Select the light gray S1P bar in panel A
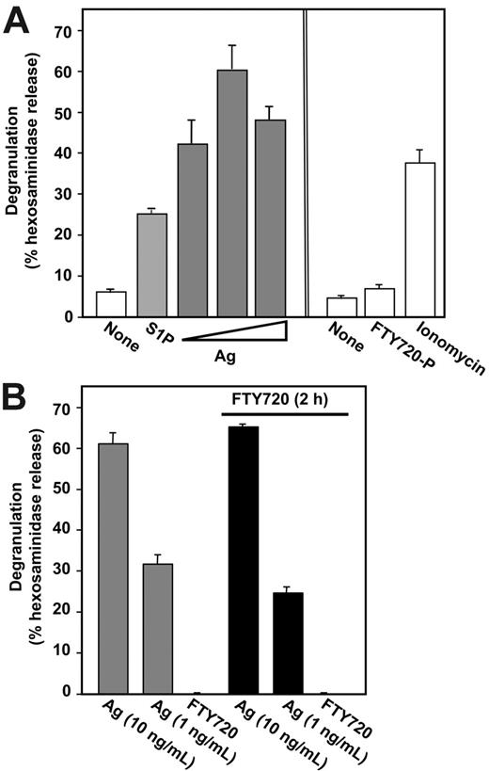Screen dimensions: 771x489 pyautogui.click(x=151, y=265)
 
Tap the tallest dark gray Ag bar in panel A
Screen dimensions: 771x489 pyautogui.click(x=232, y=193)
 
